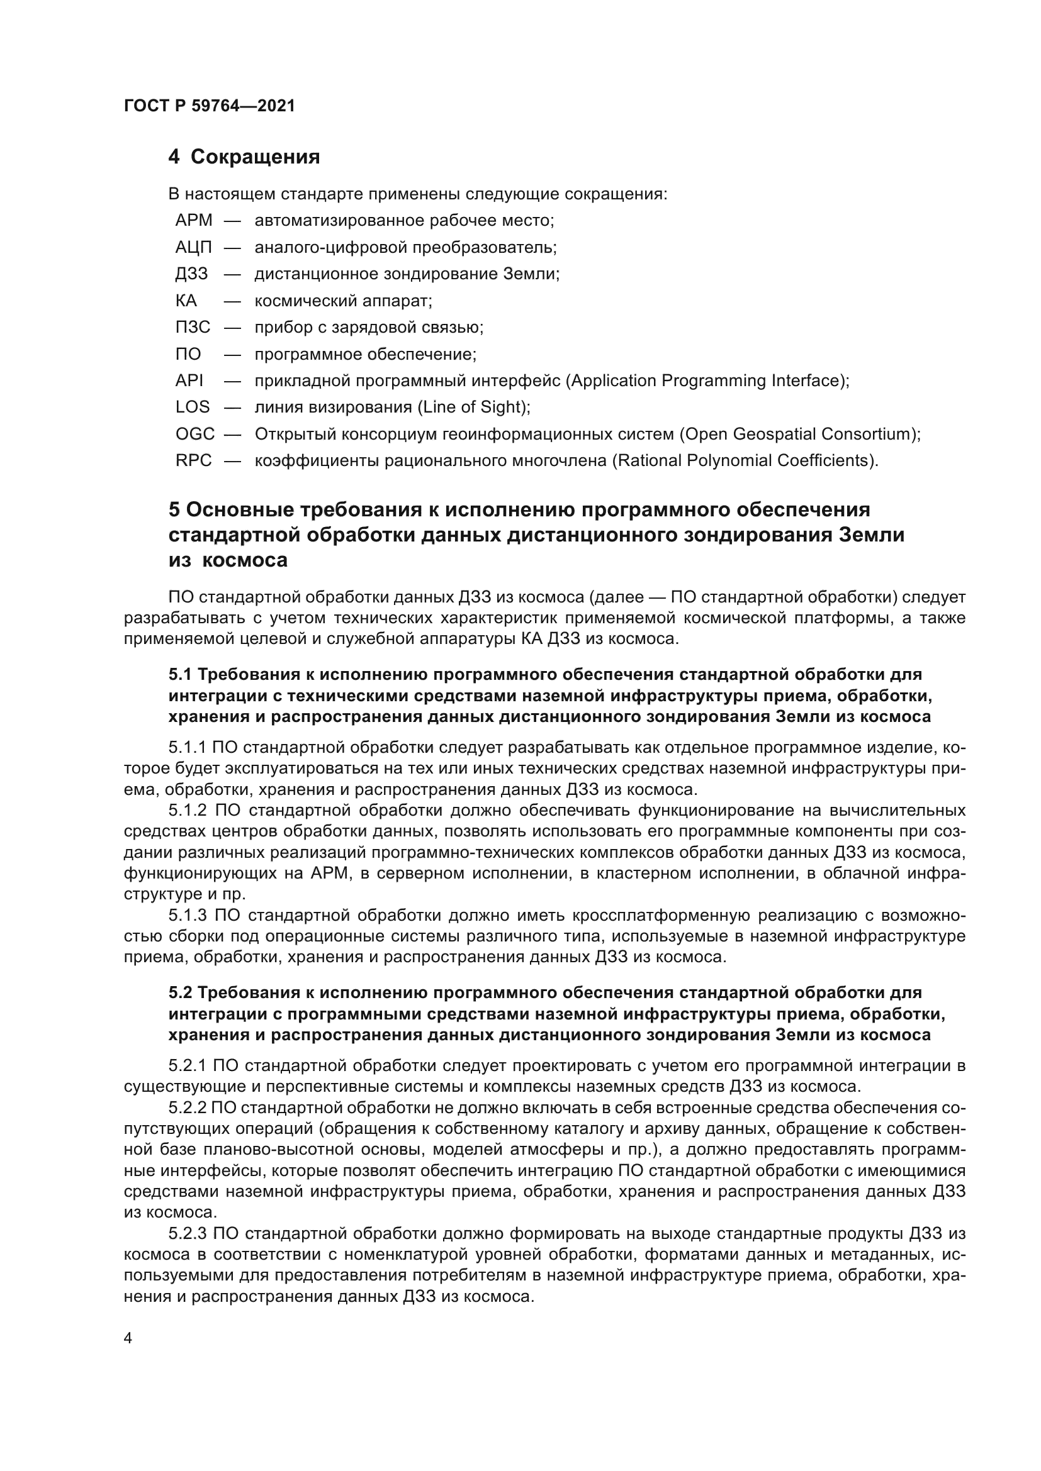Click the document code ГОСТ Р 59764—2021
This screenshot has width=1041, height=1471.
coord(210,106)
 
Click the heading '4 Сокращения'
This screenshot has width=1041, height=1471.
coord(244,157)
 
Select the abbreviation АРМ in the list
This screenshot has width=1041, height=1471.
coord(194,220)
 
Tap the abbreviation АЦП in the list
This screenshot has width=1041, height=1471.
coord(194,247)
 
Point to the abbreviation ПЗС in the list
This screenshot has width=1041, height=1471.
coord(193,328)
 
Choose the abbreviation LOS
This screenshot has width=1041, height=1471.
coord(193,408)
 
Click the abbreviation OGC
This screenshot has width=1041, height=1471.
coord(195,435)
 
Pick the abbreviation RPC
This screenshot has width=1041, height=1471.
coord(194,460)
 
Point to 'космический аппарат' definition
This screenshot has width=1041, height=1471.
coord(343,301)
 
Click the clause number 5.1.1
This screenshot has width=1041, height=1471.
coord(187,748)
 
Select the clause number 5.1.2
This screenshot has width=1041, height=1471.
coord(188,811)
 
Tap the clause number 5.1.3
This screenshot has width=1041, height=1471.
coord(188,916)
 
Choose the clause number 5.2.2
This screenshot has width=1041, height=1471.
coord(188,1107)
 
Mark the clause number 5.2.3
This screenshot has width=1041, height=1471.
coord(188,1234)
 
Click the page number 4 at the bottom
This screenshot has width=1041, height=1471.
coord(128,1338)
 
